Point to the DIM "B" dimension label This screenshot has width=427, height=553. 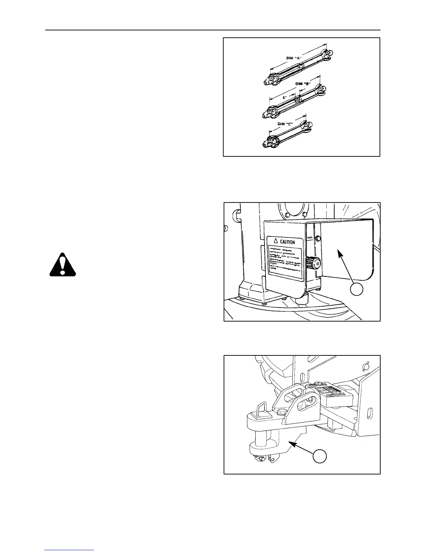tap(303, 84)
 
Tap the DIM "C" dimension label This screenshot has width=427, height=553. tap(285, 124)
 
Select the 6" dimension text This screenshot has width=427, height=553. tap(284, 98)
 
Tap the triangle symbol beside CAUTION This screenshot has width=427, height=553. tap(275, 241)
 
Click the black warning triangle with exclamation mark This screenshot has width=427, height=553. tap(62, 264)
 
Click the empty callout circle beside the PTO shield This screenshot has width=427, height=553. tap(357, 289)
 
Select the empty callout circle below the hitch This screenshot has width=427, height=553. tap(320, 456)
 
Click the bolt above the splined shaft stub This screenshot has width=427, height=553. tap(318, 238)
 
